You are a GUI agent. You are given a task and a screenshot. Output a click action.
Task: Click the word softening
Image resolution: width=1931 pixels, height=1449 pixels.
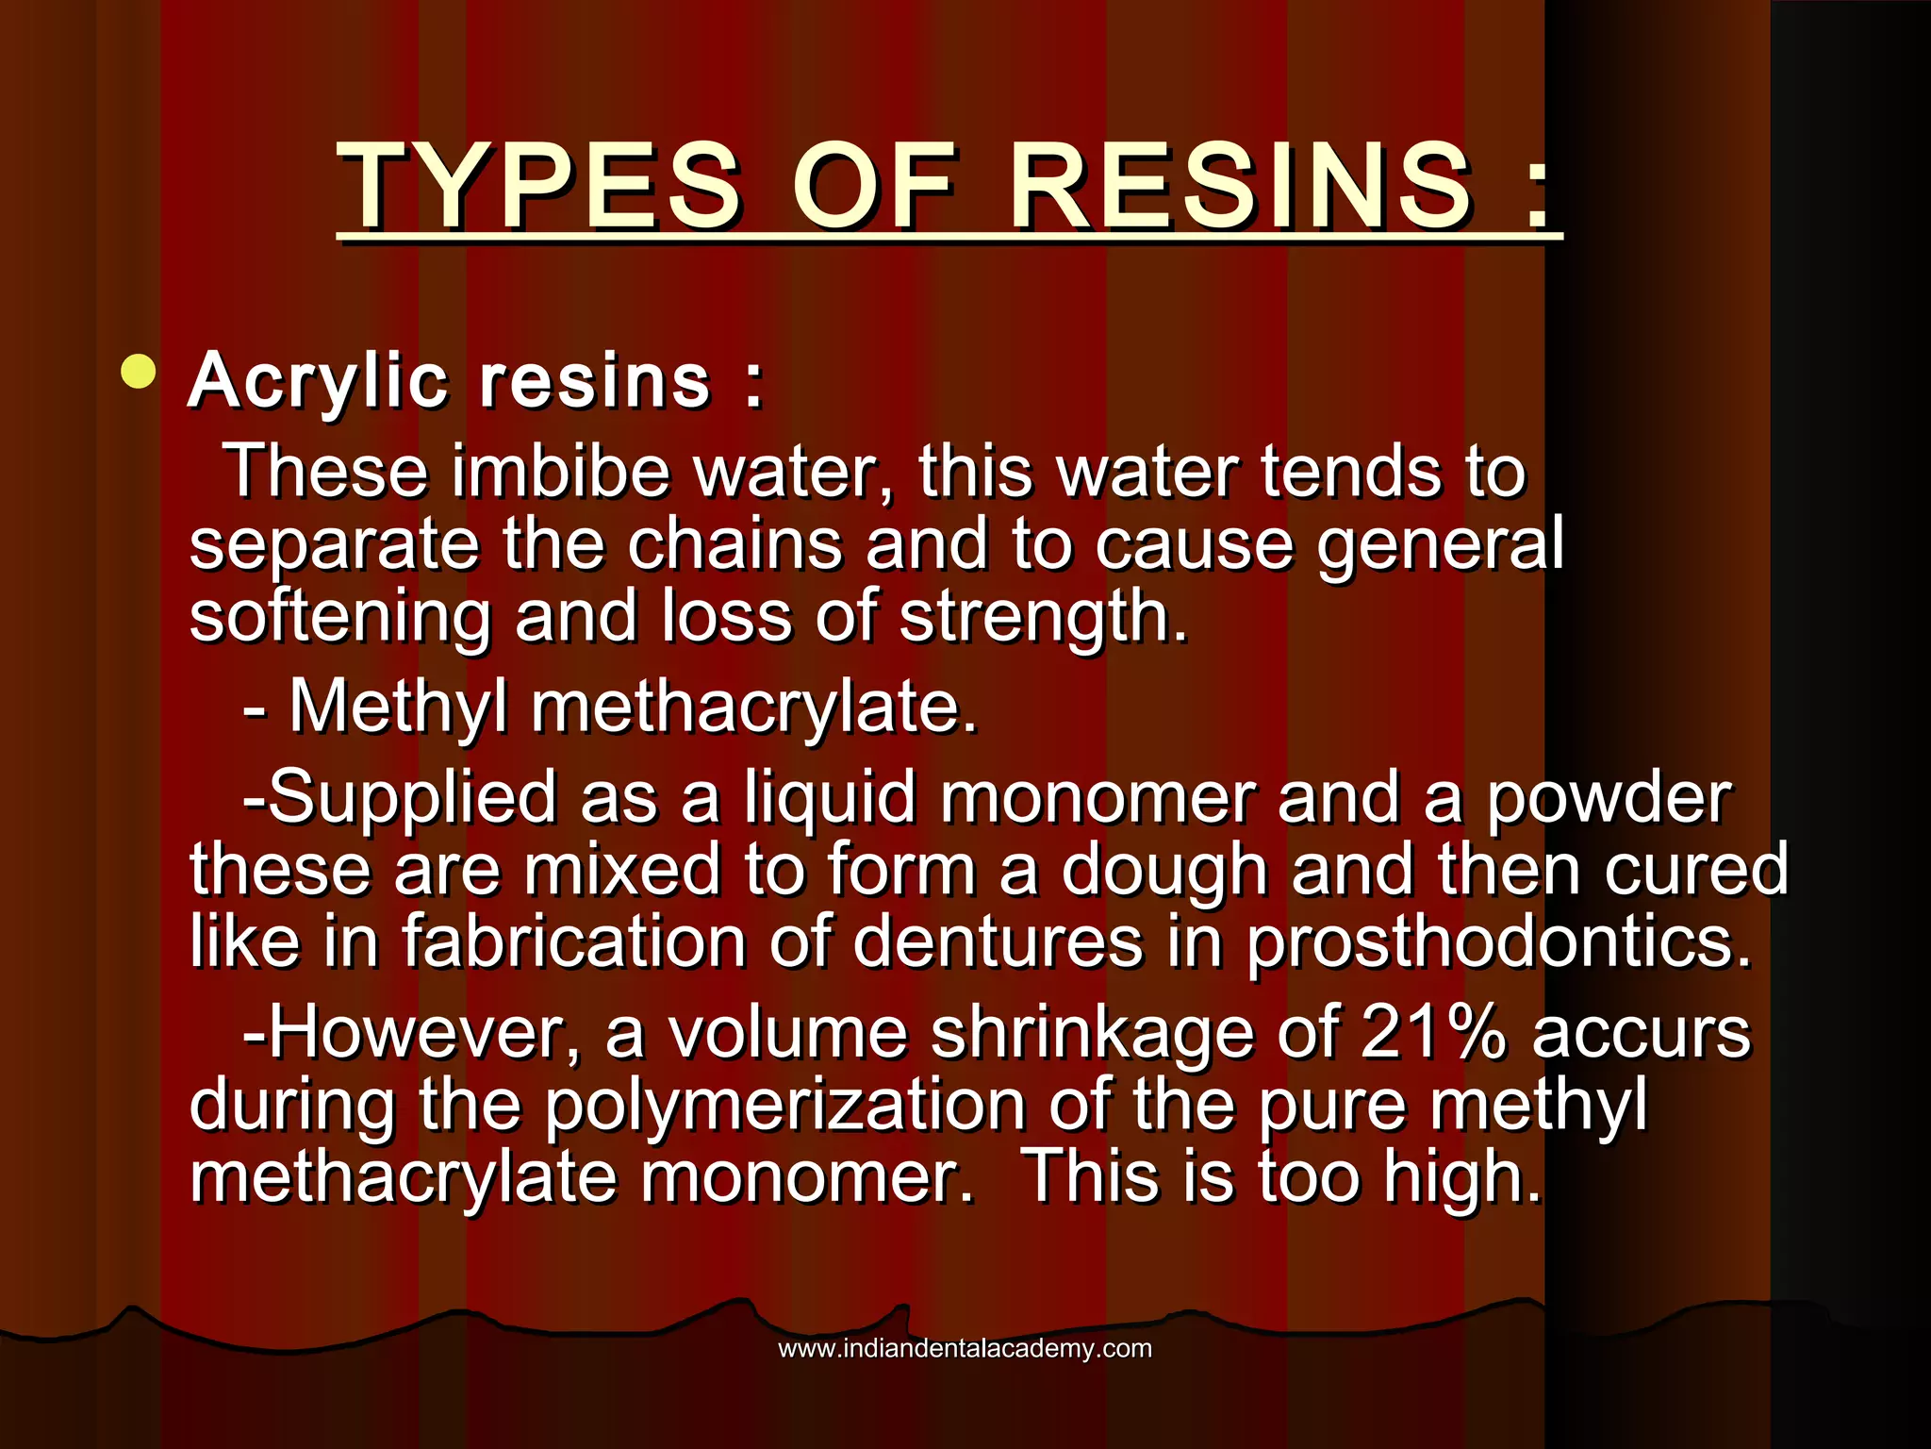(340, 618)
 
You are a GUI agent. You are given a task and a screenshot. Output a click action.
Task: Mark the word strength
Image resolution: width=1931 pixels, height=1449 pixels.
(1043, 618)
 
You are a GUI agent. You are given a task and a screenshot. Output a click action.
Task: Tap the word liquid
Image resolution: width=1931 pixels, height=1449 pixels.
(830, 798)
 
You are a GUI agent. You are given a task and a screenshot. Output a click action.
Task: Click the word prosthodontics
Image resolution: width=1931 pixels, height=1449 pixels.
(1499, 943)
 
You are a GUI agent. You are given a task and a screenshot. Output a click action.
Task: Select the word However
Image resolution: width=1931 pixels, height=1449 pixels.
(424, 1033)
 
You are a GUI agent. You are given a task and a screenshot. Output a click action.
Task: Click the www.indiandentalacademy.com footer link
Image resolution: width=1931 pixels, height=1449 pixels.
(965, 1349)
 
